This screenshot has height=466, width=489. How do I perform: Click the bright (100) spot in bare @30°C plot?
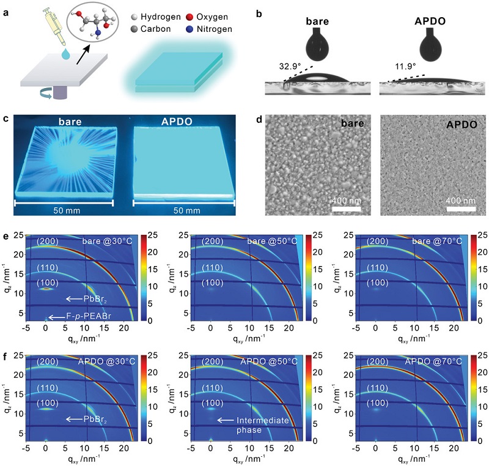pyautogui.click(x=46, y=288)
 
